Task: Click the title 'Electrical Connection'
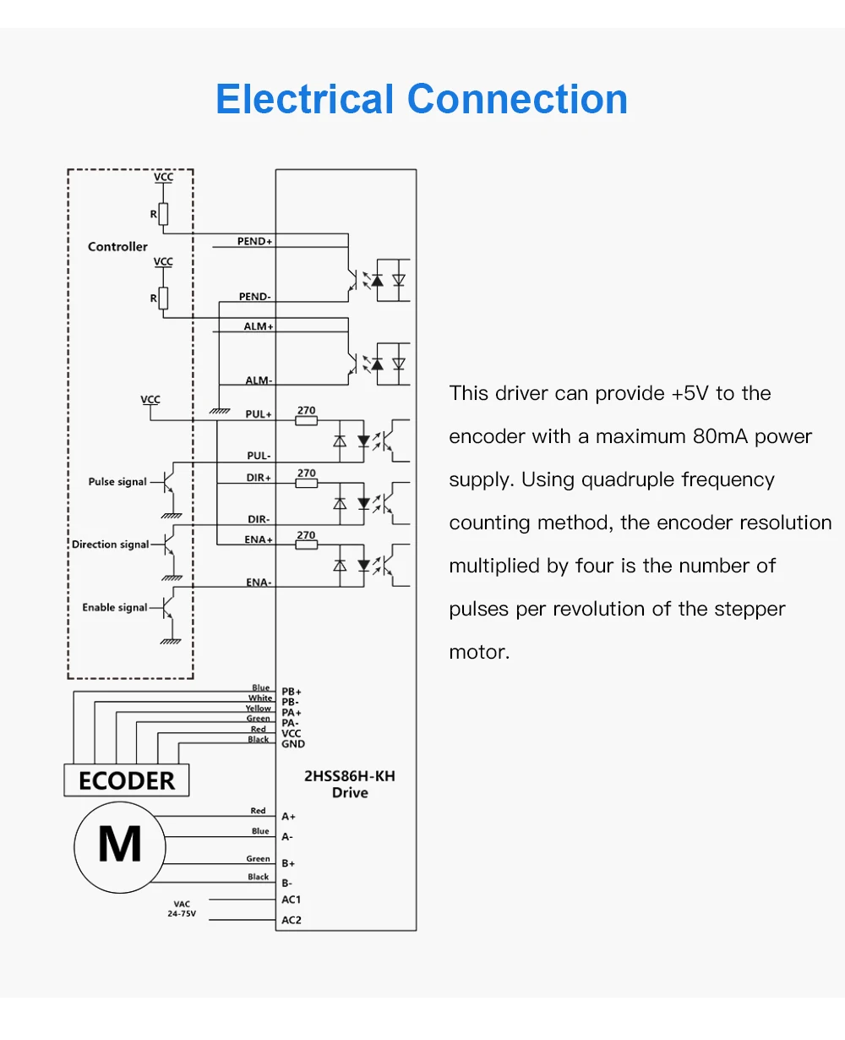(422, 99)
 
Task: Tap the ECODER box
(127, 780)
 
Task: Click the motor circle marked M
(119, 844)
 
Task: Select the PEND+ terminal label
(254, 242)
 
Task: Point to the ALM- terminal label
(259, 380)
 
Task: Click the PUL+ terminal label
(259, 414)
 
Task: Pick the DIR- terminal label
(259, 519)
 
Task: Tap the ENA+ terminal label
(259, 539)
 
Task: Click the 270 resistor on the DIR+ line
(306, 483)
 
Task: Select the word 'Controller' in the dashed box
(117, 247)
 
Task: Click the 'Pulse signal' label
(117, 482)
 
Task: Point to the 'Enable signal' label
(114, 607)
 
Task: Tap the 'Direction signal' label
(110, 545)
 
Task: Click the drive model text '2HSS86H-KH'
(349, 776)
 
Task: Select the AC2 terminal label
(291, 920)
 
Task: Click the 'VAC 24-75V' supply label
(182, 909)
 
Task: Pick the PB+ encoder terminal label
(291, 692)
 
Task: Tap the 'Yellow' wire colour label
(259, 709)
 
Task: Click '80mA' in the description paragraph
(721, 436)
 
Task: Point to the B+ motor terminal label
(288, 863)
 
